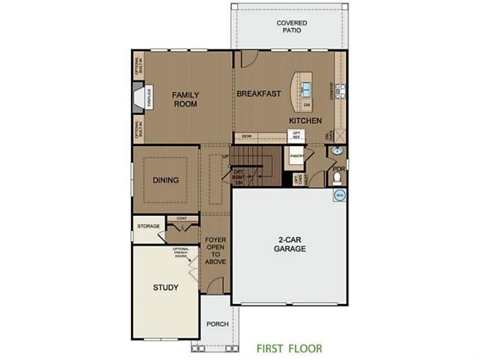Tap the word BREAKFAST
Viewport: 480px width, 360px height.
(x=258, y=94)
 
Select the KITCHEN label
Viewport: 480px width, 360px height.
(x=305, y=120)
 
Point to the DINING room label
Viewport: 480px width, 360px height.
(x=165, y=180)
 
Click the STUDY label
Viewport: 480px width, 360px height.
(x=165, y=287)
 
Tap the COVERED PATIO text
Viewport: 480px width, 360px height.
(x=292, y=27)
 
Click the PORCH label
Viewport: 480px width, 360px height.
(x=217, y=324)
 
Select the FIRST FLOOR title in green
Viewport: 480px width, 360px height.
(x=289, y=349)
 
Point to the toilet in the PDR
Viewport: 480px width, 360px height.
(x=337, y=178)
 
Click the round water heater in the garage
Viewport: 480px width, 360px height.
(x=339, y=196)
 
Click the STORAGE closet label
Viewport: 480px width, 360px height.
(x=149, y=226)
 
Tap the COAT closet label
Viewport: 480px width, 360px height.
(x=181, y=218)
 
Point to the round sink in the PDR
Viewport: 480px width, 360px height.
(x=337, y=152)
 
